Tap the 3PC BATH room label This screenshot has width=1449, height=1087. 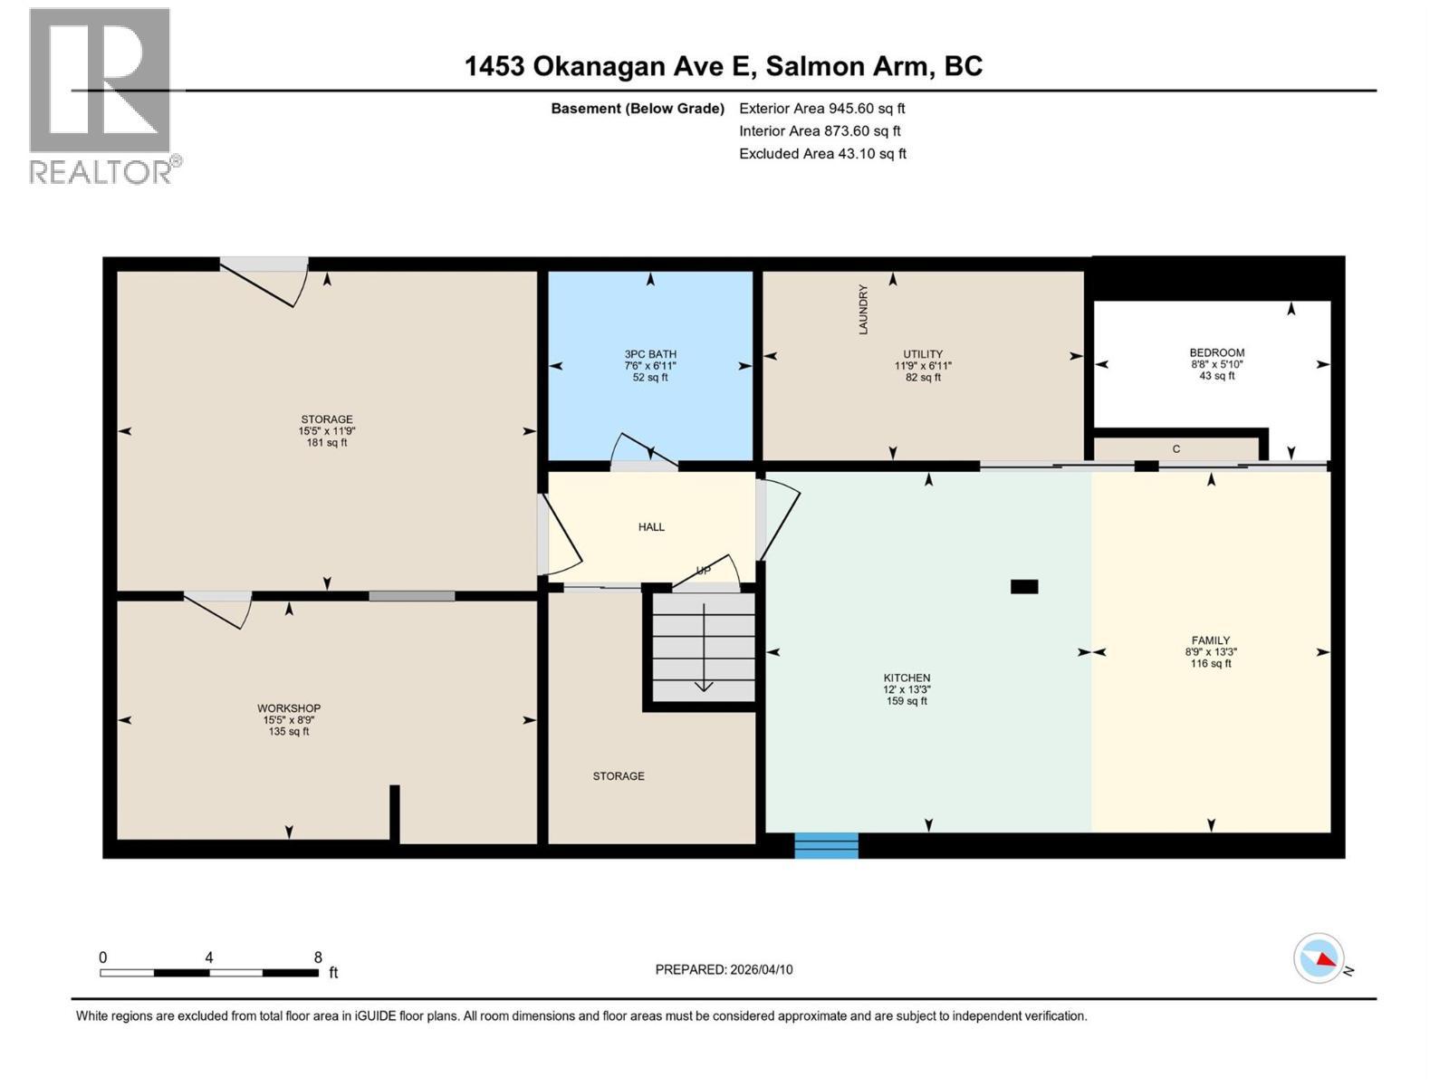650,354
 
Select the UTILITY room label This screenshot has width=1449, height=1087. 923,354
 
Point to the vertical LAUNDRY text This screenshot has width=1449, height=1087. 863,310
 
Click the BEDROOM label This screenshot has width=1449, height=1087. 1216,353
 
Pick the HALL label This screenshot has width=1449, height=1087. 651,526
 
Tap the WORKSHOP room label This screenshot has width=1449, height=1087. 289,708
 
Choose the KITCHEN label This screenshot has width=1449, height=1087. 907,678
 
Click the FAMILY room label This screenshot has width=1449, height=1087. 1211,640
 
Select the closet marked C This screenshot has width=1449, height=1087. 1176,448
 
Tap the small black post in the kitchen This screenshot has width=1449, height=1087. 1024,586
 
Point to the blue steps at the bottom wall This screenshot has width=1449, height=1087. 826,845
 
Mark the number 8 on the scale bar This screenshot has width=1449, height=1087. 318,957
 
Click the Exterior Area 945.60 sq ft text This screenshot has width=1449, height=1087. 822,108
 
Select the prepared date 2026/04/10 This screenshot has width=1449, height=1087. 761,969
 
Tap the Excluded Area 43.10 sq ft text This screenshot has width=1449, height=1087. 822,154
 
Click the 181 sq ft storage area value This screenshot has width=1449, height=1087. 326,443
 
